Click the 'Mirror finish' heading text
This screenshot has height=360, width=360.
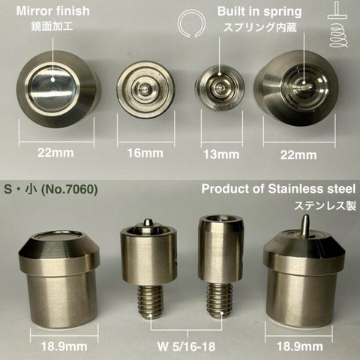tap(52, 11)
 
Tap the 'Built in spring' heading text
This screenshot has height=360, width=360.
tap(259, 12)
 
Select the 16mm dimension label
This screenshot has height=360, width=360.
tap(145, 153)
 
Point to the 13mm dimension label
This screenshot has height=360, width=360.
tap(221, 154)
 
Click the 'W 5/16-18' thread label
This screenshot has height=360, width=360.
tap(186, 346)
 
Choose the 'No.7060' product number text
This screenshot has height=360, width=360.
tap(69, 190)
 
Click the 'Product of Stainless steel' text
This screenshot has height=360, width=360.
tap(278, 189)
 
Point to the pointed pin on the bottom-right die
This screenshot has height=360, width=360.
tap(305, 225)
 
